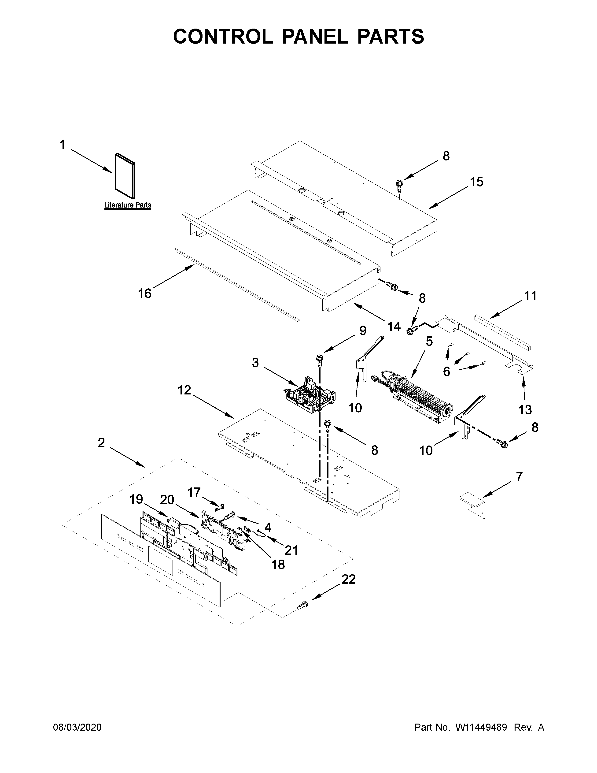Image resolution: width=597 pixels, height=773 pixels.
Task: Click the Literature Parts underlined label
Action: tap(128, 205)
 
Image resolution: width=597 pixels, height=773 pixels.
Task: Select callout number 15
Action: tap(476, 182)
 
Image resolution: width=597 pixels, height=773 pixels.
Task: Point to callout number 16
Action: tap(145, 294)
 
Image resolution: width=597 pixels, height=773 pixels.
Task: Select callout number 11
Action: tap(530, 296)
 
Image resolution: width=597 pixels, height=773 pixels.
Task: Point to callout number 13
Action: tap(525, 410)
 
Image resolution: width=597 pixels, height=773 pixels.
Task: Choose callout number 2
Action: tap(102, 442)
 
